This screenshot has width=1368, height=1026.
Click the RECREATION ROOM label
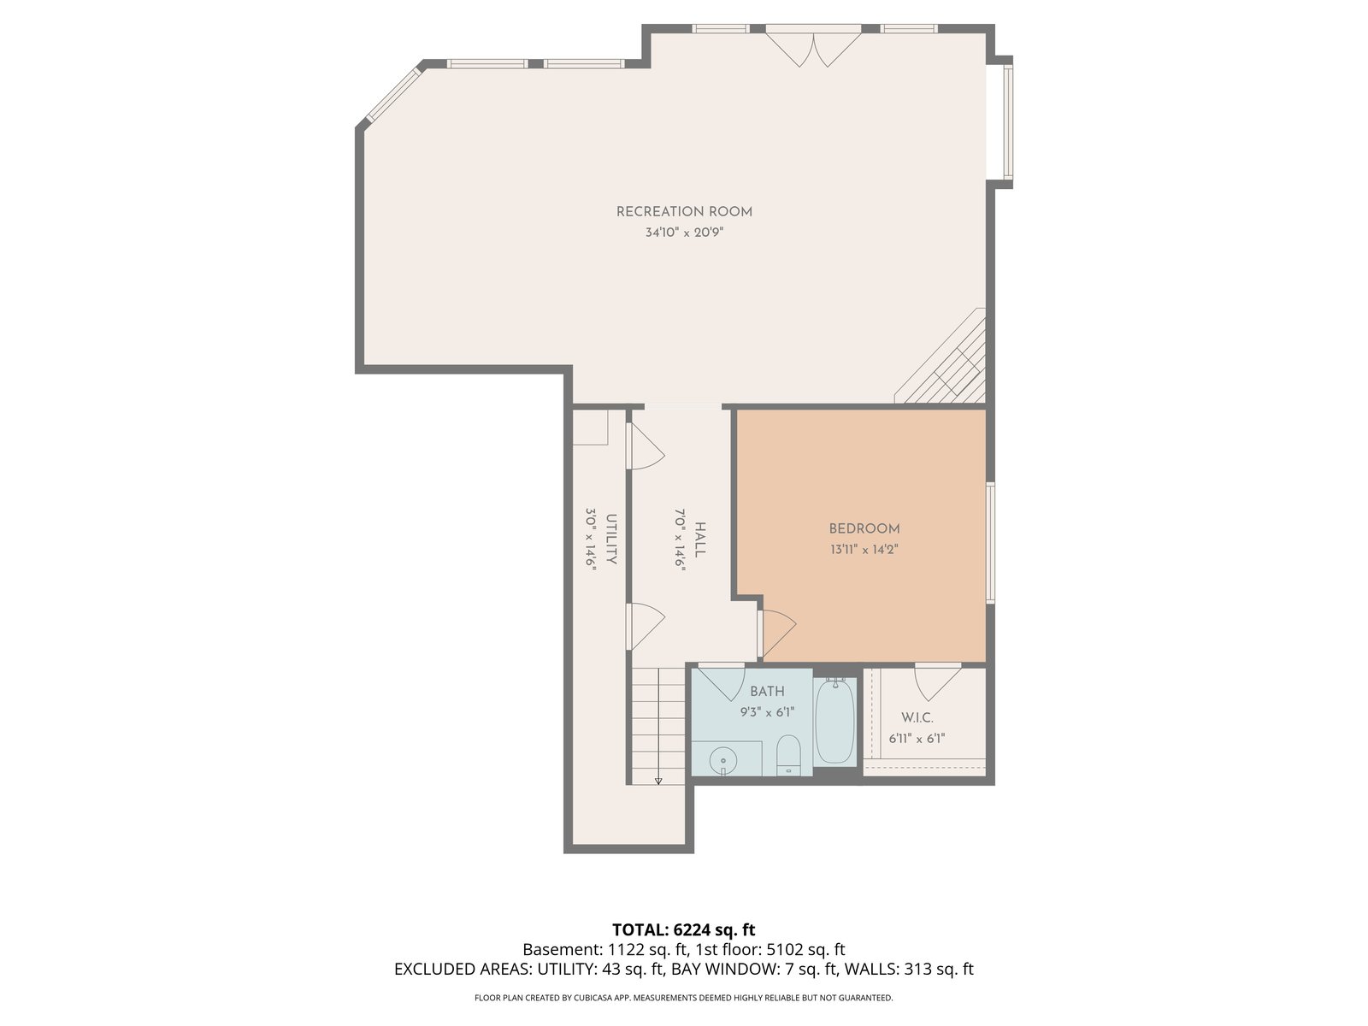tap(684, 212)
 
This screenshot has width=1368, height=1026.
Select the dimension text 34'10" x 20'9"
tap(684, 233)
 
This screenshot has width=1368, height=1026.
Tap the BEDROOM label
tap(864, 529)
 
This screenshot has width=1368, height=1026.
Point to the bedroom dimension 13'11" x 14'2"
tap(864, 550)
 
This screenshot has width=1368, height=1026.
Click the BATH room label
tap(767, 692)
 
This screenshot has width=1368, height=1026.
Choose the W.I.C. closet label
tap(917, 718)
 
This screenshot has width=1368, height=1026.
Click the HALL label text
tap(700, 540)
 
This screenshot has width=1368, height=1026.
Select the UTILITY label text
tap(611, 540)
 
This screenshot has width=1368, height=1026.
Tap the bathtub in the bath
tap(834, 722)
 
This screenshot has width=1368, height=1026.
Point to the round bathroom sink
tap(723, 761)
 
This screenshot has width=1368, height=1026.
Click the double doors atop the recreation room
tap(813, 47)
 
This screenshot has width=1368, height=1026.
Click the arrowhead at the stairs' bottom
tap(658, 781)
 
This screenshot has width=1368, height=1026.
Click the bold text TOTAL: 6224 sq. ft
tap(684, 930)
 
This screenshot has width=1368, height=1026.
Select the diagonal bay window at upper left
tap(394, 94)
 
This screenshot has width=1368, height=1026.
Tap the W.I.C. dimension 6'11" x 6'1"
tap(917, 739)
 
